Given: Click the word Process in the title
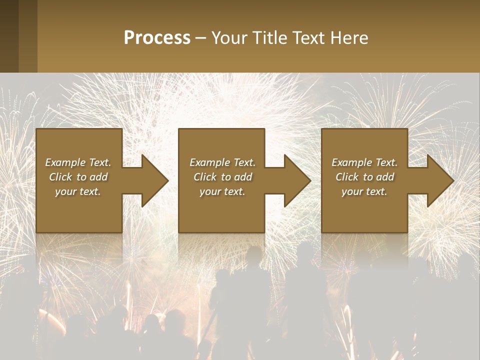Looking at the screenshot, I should tap(157, 38).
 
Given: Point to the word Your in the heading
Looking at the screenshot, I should tap(229, 38).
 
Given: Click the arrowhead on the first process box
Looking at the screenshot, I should tap(152, 180).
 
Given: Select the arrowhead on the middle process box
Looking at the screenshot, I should tap(294, 180).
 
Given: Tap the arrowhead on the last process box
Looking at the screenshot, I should tap(437, 180).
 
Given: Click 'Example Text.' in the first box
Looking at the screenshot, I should tap(78, 162).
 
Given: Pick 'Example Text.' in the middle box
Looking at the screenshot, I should tap(222, 162).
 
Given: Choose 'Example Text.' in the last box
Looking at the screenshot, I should tap(364, 162).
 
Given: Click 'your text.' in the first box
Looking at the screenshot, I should tap(78, 191).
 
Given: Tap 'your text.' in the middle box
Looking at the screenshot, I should tap(222, 191).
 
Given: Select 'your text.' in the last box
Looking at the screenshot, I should tap(364, 191).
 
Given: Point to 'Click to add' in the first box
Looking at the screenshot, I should tap(78, 177).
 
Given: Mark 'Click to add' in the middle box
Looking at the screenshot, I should tap(222, 177).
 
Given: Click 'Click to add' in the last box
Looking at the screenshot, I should tap(364, 177).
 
